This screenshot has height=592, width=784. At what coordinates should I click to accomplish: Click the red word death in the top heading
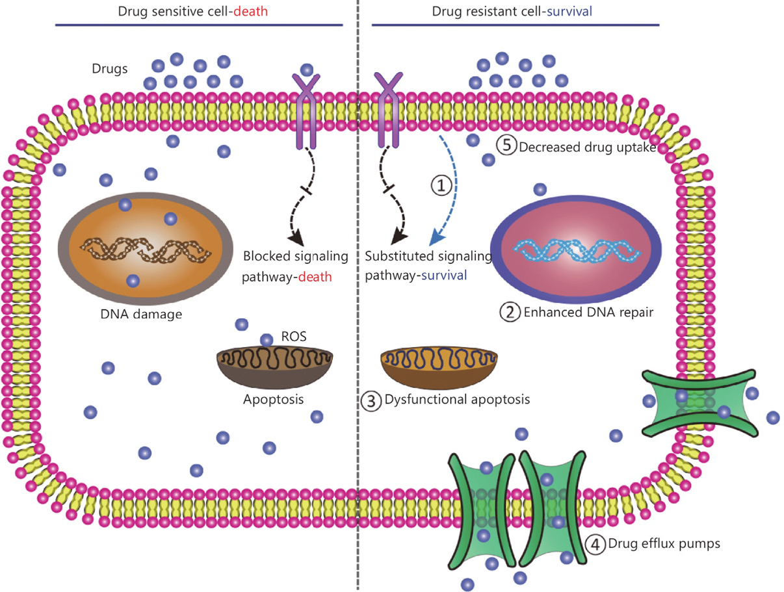(251, 12)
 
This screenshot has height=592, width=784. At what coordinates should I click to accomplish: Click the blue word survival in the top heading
(569, 12)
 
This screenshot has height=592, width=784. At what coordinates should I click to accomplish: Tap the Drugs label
(110, 68)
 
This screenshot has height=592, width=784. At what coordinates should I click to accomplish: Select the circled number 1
(441, 185)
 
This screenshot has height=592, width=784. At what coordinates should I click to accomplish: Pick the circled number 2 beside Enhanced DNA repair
(510, 312)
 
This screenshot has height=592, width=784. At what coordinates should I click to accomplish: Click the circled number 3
(371, 401)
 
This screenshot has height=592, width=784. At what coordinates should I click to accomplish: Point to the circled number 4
(595, 544)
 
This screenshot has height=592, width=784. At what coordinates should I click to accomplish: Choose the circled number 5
(506, 146)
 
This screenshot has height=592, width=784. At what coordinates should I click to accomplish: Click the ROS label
(294, 337)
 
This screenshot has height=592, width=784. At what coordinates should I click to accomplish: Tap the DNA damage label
(141, 315)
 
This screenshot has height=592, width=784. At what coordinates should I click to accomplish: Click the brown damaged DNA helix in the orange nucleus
(146, 250)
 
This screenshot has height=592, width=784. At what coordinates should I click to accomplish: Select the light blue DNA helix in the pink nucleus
(577, 250)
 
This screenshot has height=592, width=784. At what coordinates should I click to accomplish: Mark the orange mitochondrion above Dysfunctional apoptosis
(439, 367)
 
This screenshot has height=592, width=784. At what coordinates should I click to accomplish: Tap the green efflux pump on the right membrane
(699, 403)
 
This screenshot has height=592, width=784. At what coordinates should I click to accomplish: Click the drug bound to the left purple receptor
(307, 70)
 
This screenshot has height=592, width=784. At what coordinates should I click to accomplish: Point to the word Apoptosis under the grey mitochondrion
(273, 399)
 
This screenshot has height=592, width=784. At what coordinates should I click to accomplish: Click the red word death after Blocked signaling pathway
(315, 277)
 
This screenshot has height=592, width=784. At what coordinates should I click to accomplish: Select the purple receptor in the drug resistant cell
(389, 110)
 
